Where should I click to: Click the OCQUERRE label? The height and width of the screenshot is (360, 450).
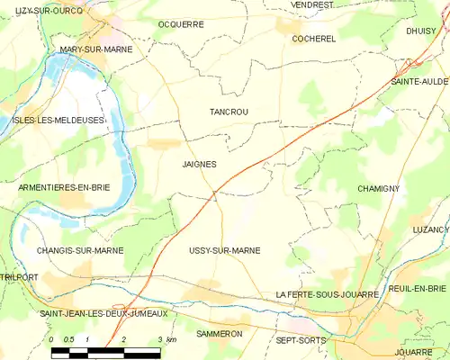tap(180, 24)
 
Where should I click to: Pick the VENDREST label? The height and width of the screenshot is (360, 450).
tap(311, 4)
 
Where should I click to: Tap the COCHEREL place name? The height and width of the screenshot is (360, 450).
tap(313, 39)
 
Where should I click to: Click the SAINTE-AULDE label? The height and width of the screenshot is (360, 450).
tap(418, 81)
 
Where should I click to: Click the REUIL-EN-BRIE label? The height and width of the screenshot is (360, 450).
tap(419, 288)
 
